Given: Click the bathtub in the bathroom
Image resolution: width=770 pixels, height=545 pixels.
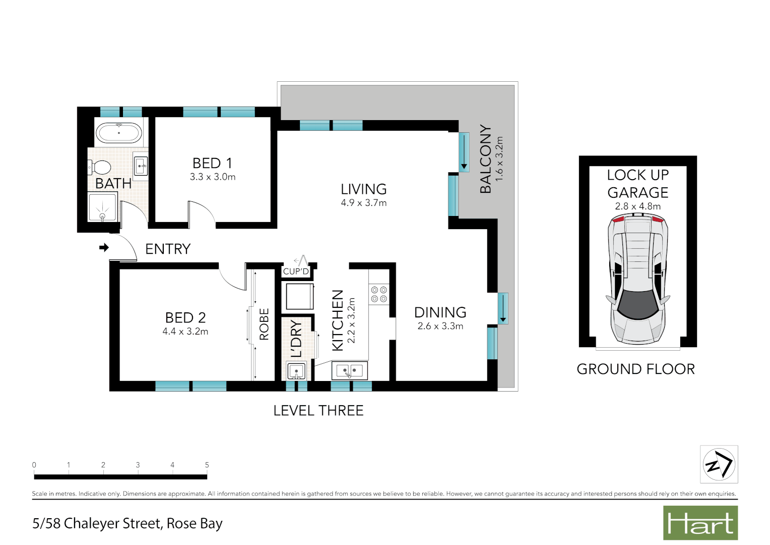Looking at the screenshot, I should click(x=119, y=133).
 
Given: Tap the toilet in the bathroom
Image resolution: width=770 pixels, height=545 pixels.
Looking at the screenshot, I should click(x=100, y=167).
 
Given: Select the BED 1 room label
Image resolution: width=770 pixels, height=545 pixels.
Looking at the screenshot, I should click(x=212, y=163).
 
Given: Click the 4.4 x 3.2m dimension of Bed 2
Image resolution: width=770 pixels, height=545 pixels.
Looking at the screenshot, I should click(x=185, y=332).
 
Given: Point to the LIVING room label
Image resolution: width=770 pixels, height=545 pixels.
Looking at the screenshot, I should click(x=363, y=189).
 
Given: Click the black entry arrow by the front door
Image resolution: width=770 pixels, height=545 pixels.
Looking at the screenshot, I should click(x=104, y=247).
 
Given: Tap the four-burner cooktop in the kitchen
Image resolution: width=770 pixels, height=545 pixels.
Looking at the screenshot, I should click(x=379, y=294).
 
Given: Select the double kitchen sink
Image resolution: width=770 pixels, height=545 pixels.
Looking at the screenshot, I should click(x=349, y=371).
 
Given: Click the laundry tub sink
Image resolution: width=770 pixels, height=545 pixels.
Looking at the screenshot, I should click(x=296, y=371).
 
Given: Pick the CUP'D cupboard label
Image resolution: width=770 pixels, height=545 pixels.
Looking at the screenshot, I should click(x=296, y=271).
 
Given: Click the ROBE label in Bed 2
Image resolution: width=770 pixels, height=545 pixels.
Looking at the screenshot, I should click(x=264, y=324).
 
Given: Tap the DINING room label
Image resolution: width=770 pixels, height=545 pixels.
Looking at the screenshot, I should click(x=440, y=312).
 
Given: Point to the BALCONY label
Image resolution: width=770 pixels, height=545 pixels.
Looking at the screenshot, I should click(x=485, y=159).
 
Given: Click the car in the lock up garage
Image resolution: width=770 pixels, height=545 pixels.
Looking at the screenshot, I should click(x=637, y=279).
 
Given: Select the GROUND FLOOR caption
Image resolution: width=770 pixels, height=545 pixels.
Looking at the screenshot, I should click(x=635, y=369).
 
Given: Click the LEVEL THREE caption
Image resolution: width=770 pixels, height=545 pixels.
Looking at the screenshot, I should click(x=318, y=411).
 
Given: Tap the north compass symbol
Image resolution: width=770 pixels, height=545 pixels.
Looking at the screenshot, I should click(x=719, y=464).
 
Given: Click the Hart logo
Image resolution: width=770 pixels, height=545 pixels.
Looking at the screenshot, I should click(x=700, y=523).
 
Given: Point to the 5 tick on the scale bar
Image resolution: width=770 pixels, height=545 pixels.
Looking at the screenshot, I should click(x=207, y=465).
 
